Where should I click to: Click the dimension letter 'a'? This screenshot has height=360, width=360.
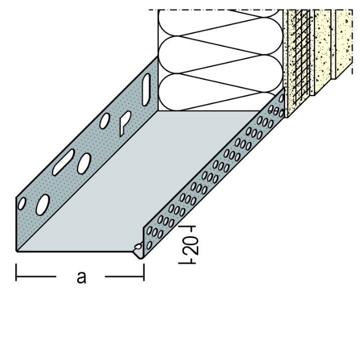(x=82, y=277)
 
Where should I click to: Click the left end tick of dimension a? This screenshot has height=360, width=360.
(x=16, y=275)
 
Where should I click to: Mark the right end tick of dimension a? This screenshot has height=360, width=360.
(x=144, y=275)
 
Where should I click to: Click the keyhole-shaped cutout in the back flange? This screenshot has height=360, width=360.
(x=124, y=122)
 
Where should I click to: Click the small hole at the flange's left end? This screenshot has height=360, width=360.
(x=21, y=204)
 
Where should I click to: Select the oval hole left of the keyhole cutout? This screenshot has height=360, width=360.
(x=106, y=121)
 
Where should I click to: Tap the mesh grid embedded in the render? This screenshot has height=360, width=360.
(x=298, y=56)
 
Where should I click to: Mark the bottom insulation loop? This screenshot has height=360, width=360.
(x=219, y=93)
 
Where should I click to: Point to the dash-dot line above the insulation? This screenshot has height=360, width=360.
(x=214, y=10)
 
